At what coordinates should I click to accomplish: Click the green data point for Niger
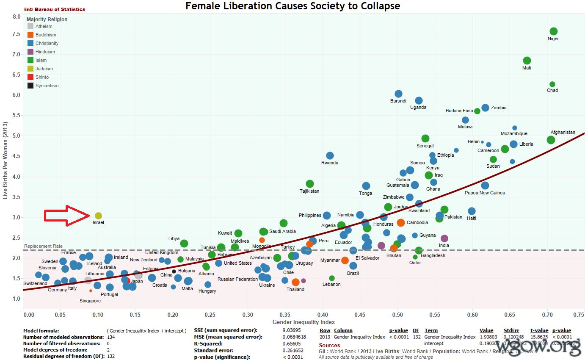point(553,31)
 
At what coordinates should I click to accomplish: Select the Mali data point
point(527,61)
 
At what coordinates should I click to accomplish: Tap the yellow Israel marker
point(98,216)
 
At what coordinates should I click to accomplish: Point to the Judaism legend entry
point(44,69)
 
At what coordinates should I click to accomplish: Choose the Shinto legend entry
point(42,77)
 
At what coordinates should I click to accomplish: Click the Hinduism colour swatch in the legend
point(30,52)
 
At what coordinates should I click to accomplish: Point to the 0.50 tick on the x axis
point(397,315)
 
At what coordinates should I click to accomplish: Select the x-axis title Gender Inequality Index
point(304,322)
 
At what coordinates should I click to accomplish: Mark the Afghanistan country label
point(563,132)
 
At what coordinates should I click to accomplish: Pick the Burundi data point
point(398,94)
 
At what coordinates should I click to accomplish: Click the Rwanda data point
point(330,155)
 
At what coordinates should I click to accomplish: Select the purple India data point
point(444,238)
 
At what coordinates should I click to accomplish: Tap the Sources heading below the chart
point(329,345)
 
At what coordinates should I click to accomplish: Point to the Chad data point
point(552,84)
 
